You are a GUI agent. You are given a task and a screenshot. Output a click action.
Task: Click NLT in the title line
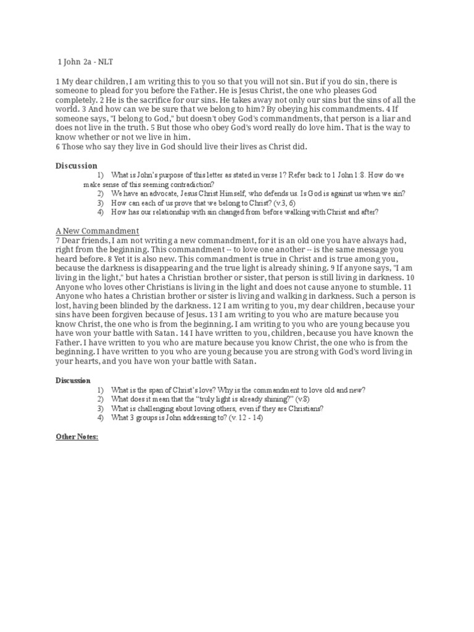point(106,62)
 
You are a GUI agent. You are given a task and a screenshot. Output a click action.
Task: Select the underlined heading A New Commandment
point(97,231)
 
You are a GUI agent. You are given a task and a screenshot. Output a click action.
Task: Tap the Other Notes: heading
point(77,437)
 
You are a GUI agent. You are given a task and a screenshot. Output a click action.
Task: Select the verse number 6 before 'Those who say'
point(58,146)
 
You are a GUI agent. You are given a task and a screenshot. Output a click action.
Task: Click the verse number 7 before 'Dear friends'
point(58,241)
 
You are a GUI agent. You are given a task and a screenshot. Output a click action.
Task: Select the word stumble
point(372,287)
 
